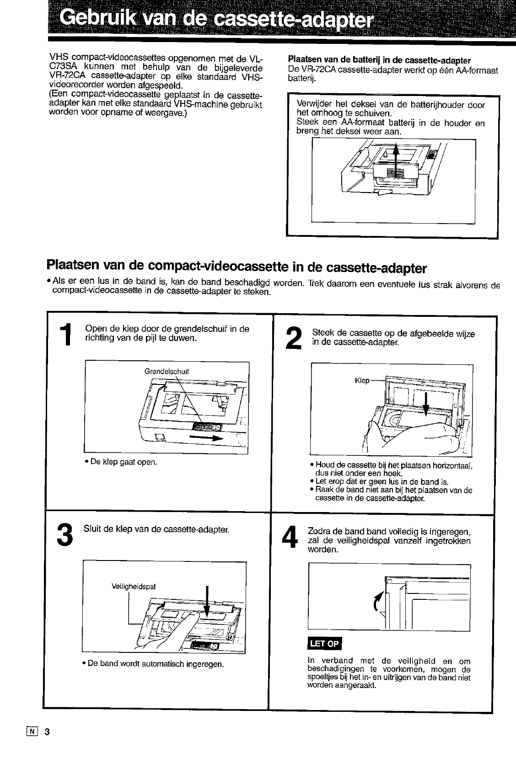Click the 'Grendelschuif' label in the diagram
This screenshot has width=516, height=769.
(167, 371)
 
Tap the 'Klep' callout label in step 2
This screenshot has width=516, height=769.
(362, 380)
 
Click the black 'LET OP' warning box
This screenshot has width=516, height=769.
(325, 644)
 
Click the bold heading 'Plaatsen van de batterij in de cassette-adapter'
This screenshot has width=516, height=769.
(379, 60)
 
